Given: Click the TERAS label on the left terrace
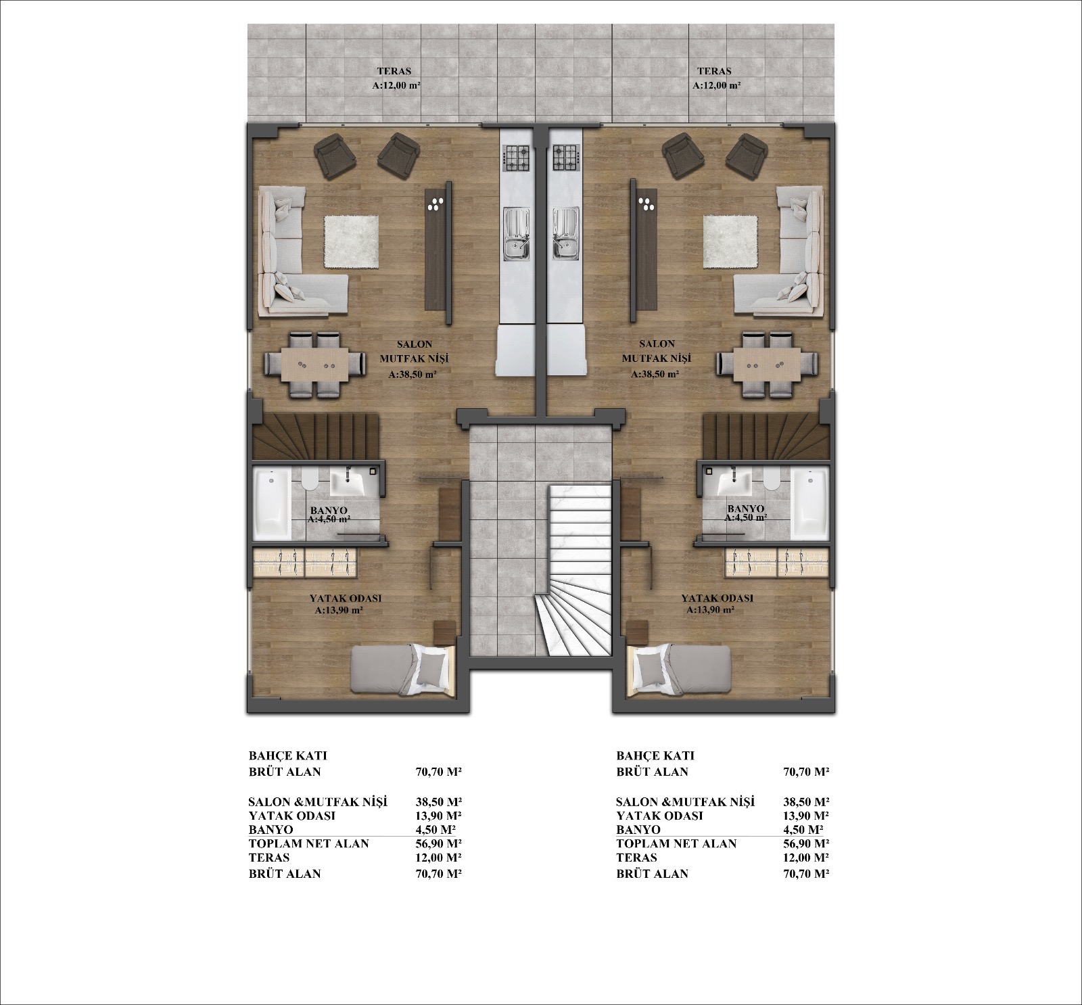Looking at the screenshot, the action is pos(395,71).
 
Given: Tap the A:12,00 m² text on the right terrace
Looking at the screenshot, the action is pos(716,86).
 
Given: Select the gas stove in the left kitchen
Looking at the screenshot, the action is pos(518,158).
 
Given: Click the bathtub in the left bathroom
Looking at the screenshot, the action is pos(272,504).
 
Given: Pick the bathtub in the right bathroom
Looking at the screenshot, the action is pos(809,504).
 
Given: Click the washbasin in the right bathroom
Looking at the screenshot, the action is pos(733,482).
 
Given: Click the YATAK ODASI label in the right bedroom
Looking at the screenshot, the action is pos(717,599).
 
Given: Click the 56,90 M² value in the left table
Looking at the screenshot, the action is pos(438,843).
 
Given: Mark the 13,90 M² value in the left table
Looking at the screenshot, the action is pos(438,816).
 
